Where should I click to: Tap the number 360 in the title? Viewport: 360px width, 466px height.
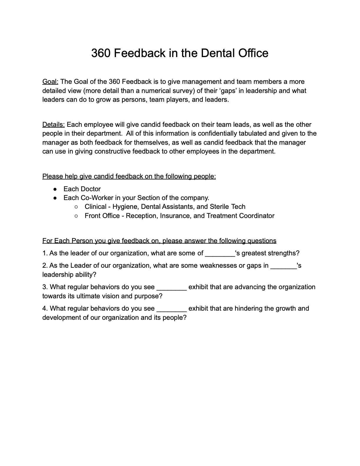[x=101, y=53]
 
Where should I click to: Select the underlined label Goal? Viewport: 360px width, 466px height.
[x=50, y=81]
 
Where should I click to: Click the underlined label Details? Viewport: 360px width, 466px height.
[x=54, y=124]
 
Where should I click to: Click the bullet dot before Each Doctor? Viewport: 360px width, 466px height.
[x=55, y=189]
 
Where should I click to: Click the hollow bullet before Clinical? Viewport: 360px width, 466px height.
[x=76, y=207]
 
